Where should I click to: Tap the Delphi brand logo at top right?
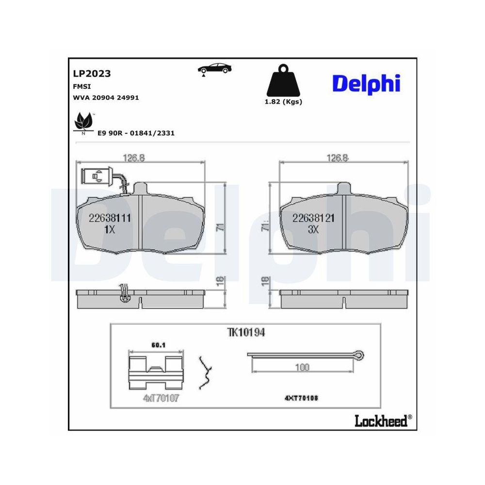click(366, 84)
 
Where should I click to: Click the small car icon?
click(214, 69)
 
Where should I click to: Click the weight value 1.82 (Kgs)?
click(283, 102)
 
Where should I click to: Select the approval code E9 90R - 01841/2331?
click(136, 133)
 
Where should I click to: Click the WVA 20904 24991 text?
click(106, 97)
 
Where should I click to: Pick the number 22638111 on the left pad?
click(110, 219)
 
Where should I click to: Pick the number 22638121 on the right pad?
click(313, 219)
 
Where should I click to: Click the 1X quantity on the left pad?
click(110, 230)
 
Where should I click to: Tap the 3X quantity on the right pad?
click(313, 230)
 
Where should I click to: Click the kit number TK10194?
click(246, 333)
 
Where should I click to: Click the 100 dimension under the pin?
click(302, 368)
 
